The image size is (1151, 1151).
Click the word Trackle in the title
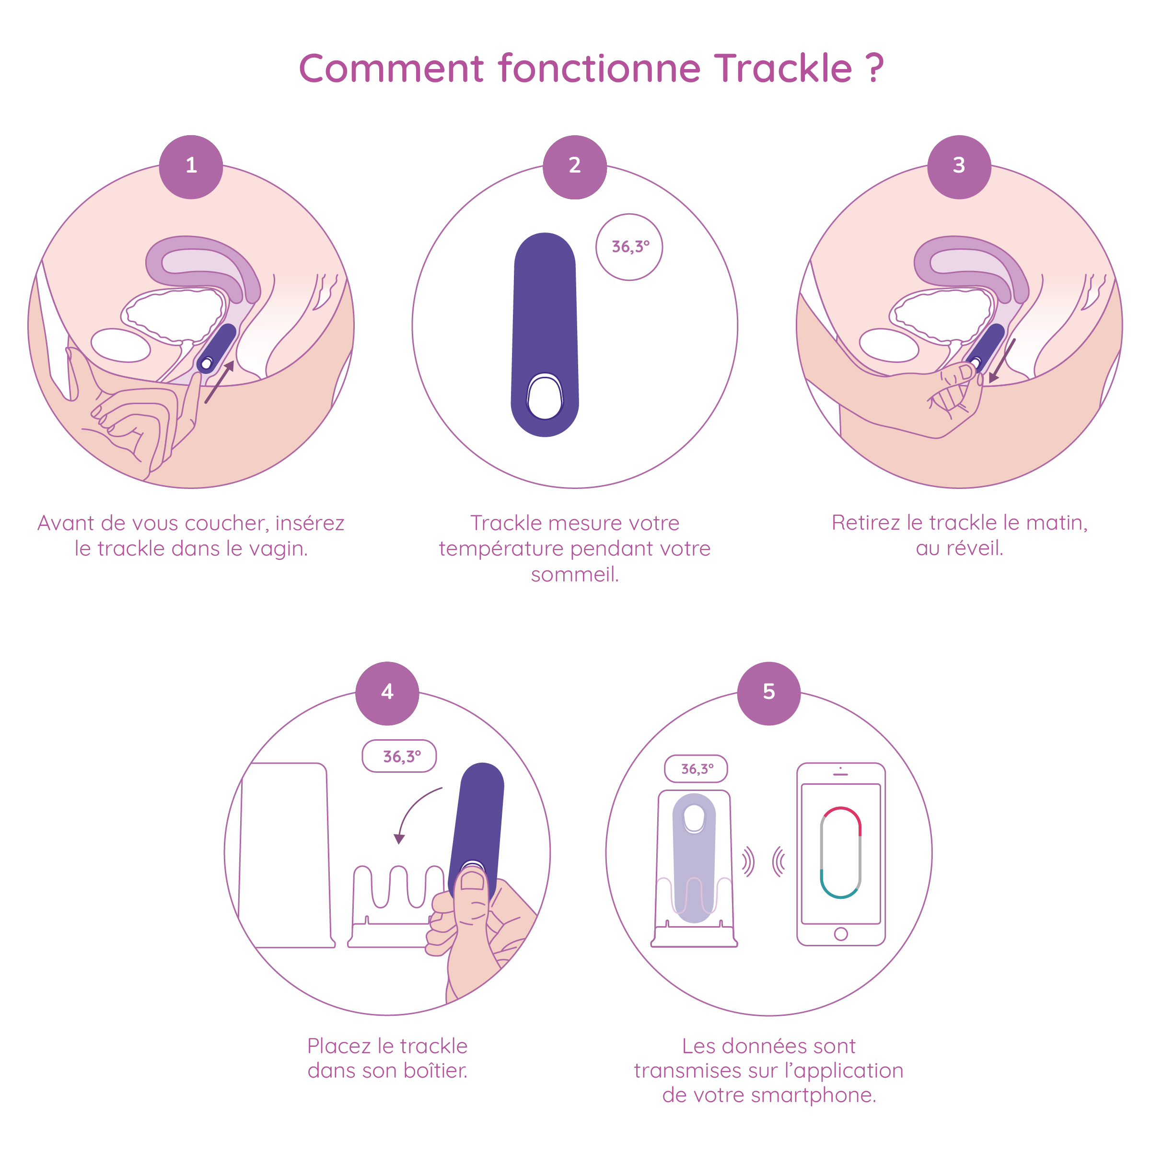pos(783,69)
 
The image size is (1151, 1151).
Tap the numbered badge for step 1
pos(191,166)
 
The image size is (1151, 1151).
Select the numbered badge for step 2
pos(574,166)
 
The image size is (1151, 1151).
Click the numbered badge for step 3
pos(959,166)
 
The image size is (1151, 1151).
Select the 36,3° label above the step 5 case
pos(696,768)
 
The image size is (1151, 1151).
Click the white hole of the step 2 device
pos(545,397)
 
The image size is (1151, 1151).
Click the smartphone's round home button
pos(841,934)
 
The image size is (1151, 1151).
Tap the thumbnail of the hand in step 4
pos(473,881)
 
